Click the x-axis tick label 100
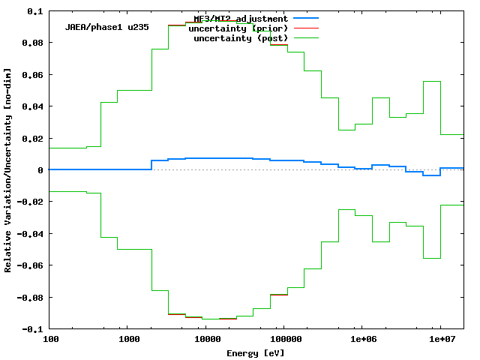(x=51, y=340)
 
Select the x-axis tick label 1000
(x=129, y=340)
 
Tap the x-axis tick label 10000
(x=207, y=340)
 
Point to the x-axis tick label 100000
(x=284, y=340)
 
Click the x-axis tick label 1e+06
(x=362, y=340)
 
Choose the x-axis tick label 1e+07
(x=440, y=340)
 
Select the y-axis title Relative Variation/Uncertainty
(x=8, y=170)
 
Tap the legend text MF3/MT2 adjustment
(x=240, y=18)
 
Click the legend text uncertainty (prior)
(x=240, y=28)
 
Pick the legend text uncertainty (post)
(x=240, y=37)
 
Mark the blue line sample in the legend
(x=306, y=17)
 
